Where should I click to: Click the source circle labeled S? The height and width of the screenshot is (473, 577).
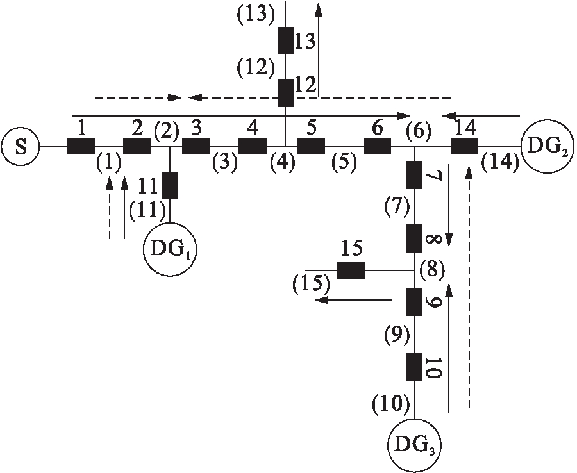(21, 147)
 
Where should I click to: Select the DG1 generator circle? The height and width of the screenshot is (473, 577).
(169, 249)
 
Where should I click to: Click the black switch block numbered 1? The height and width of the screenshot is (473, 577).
(81, 147)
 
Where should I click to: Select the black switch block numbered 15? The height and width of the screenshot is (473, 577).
(351, 270)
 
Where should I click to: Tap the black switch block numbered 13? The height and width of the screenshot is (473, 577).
(285, 41)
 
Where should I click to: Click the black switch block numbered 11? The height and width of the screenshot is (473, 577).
(170, 185)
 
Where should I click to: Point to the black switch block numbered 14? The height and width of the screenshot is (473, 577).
(464, 147)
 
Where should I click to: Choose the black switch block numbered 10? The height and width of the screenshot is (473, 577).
(415, 367)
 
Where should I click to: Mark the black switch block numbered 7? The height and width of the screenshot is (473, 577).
(415, 175)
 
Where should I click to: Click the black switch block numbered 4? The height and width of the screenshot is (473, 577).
(253, 147)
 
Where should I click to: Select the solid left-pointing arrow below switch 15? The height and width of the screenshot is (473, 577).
(355, 299)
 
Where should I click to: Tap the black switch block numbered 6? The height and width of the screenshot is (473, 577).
(377, 147)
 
